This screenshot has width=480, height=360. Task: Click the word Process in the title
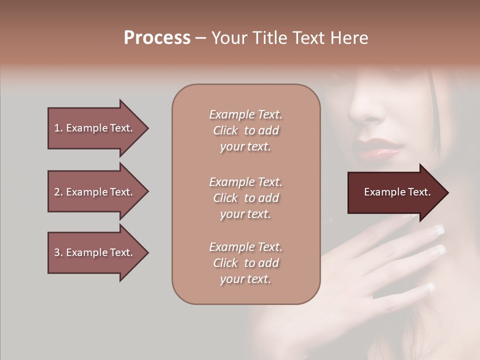point(157,37)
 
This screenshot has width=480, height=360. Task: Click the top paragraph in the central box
point(245,130)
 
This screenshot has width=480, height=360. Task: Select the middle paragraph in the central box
point(245,197)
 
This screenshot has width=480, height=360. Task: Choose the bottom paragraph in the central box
point(245,263)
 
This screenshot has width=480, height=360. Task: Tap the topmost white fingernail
point(439,230)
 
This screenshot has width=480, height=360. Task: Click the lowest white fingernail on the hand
point(430,287)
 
